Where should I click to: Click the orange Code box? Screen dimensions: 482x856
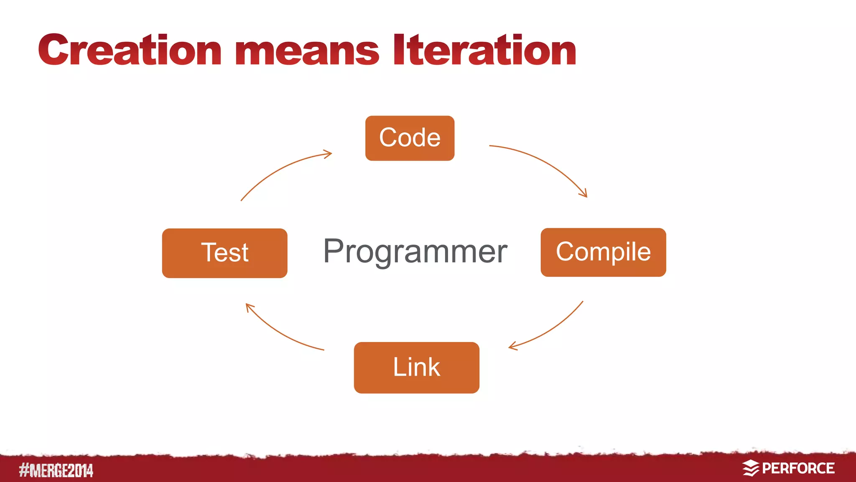click(410, 138)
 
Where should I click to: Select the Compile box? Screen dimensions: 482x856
click(603, 252)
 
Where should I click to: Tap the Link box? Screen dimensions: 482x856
click(416, 367)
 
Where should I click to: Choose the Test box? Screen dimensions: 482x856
click(224, 253)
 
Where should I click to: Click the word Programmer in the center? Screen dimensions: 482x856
click(415, 251)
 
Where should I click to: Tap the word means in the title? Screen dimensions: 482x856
click(307, 52)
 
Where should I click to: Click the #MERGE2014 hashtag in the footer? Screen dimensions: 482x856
click(56, 470)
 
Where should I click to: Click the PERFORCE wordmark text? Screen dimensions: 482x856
click(798, 468)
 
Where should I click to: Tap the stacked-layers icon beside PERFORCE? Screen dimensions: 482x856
click(751, 468)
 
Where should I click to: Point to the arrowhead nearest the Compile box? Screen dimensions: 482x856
click(584, 194)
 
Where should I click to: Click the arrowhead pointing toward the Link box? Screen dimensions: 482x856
click(512, 347)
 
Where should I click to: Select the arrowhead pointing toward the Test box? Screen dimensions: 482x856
click(249, 307)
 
